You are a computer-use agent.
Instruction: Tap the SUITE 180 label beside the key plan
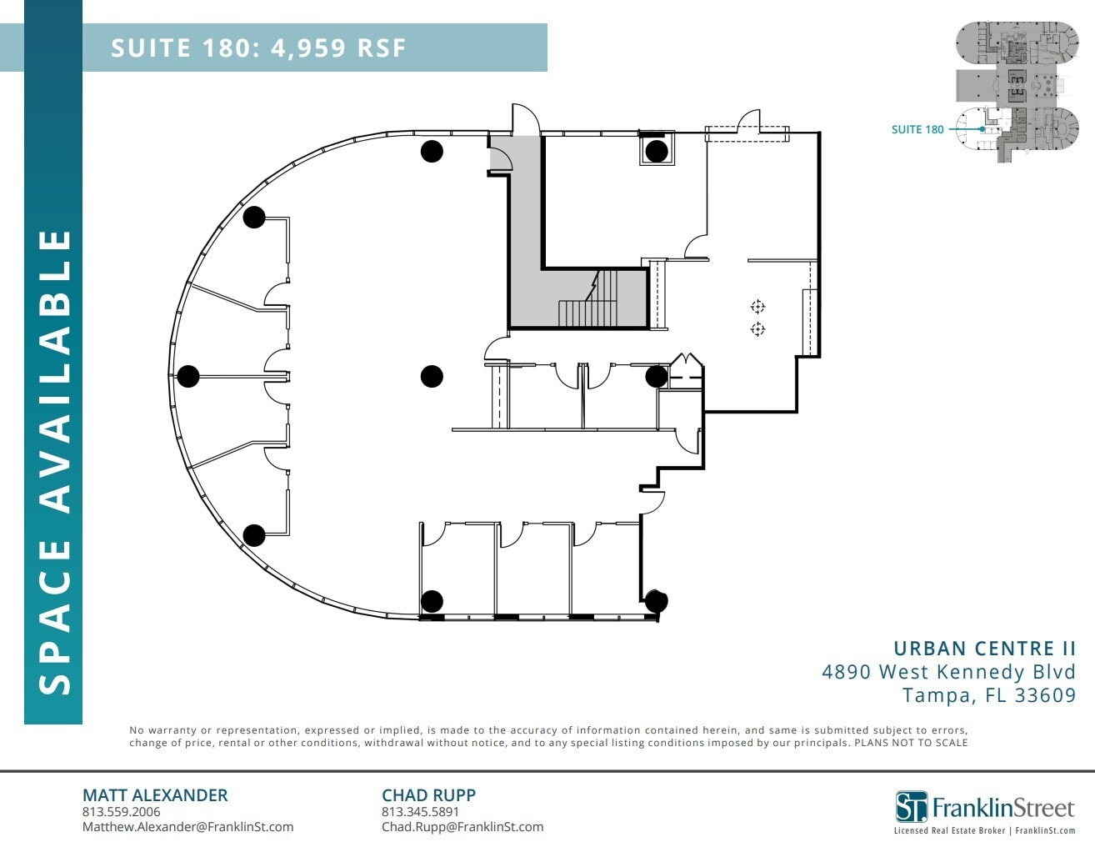(917, 129)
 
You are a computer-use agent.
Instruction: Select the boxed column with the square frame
(657, 151)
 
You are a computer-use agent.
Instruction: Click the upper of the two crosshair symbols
(757, 307)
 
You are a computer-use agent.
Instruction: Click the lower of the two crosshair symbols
(757, 329)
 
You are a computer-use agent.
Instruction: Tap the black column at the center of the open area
(431, 376)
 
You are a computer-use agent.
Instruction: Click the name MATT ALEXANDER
(155, 795)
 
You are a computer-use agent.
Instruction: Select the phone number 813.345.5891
(420, 812)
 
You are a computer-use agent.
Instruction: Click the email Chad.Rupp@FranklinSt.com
(462, 827)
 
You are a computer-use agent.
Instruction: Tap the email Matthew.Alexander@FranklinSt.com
(187, 827)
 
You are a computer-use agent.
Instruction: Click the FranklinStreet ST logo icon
(911, 806)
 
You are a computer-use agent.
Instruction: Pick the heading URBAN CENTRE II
(984, 649)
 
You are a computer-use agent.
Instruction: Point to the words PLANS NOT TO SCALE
(911, 743)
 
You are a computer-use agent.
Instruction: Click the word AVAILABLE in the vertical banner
(55, 370)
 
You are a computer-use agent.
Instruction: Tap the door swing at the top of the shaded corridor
(525, 118)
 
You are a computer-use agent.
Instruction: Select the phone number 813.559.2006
(121, 812)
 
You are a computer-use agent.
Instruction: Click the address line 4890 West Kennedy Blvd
(948, 672)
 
